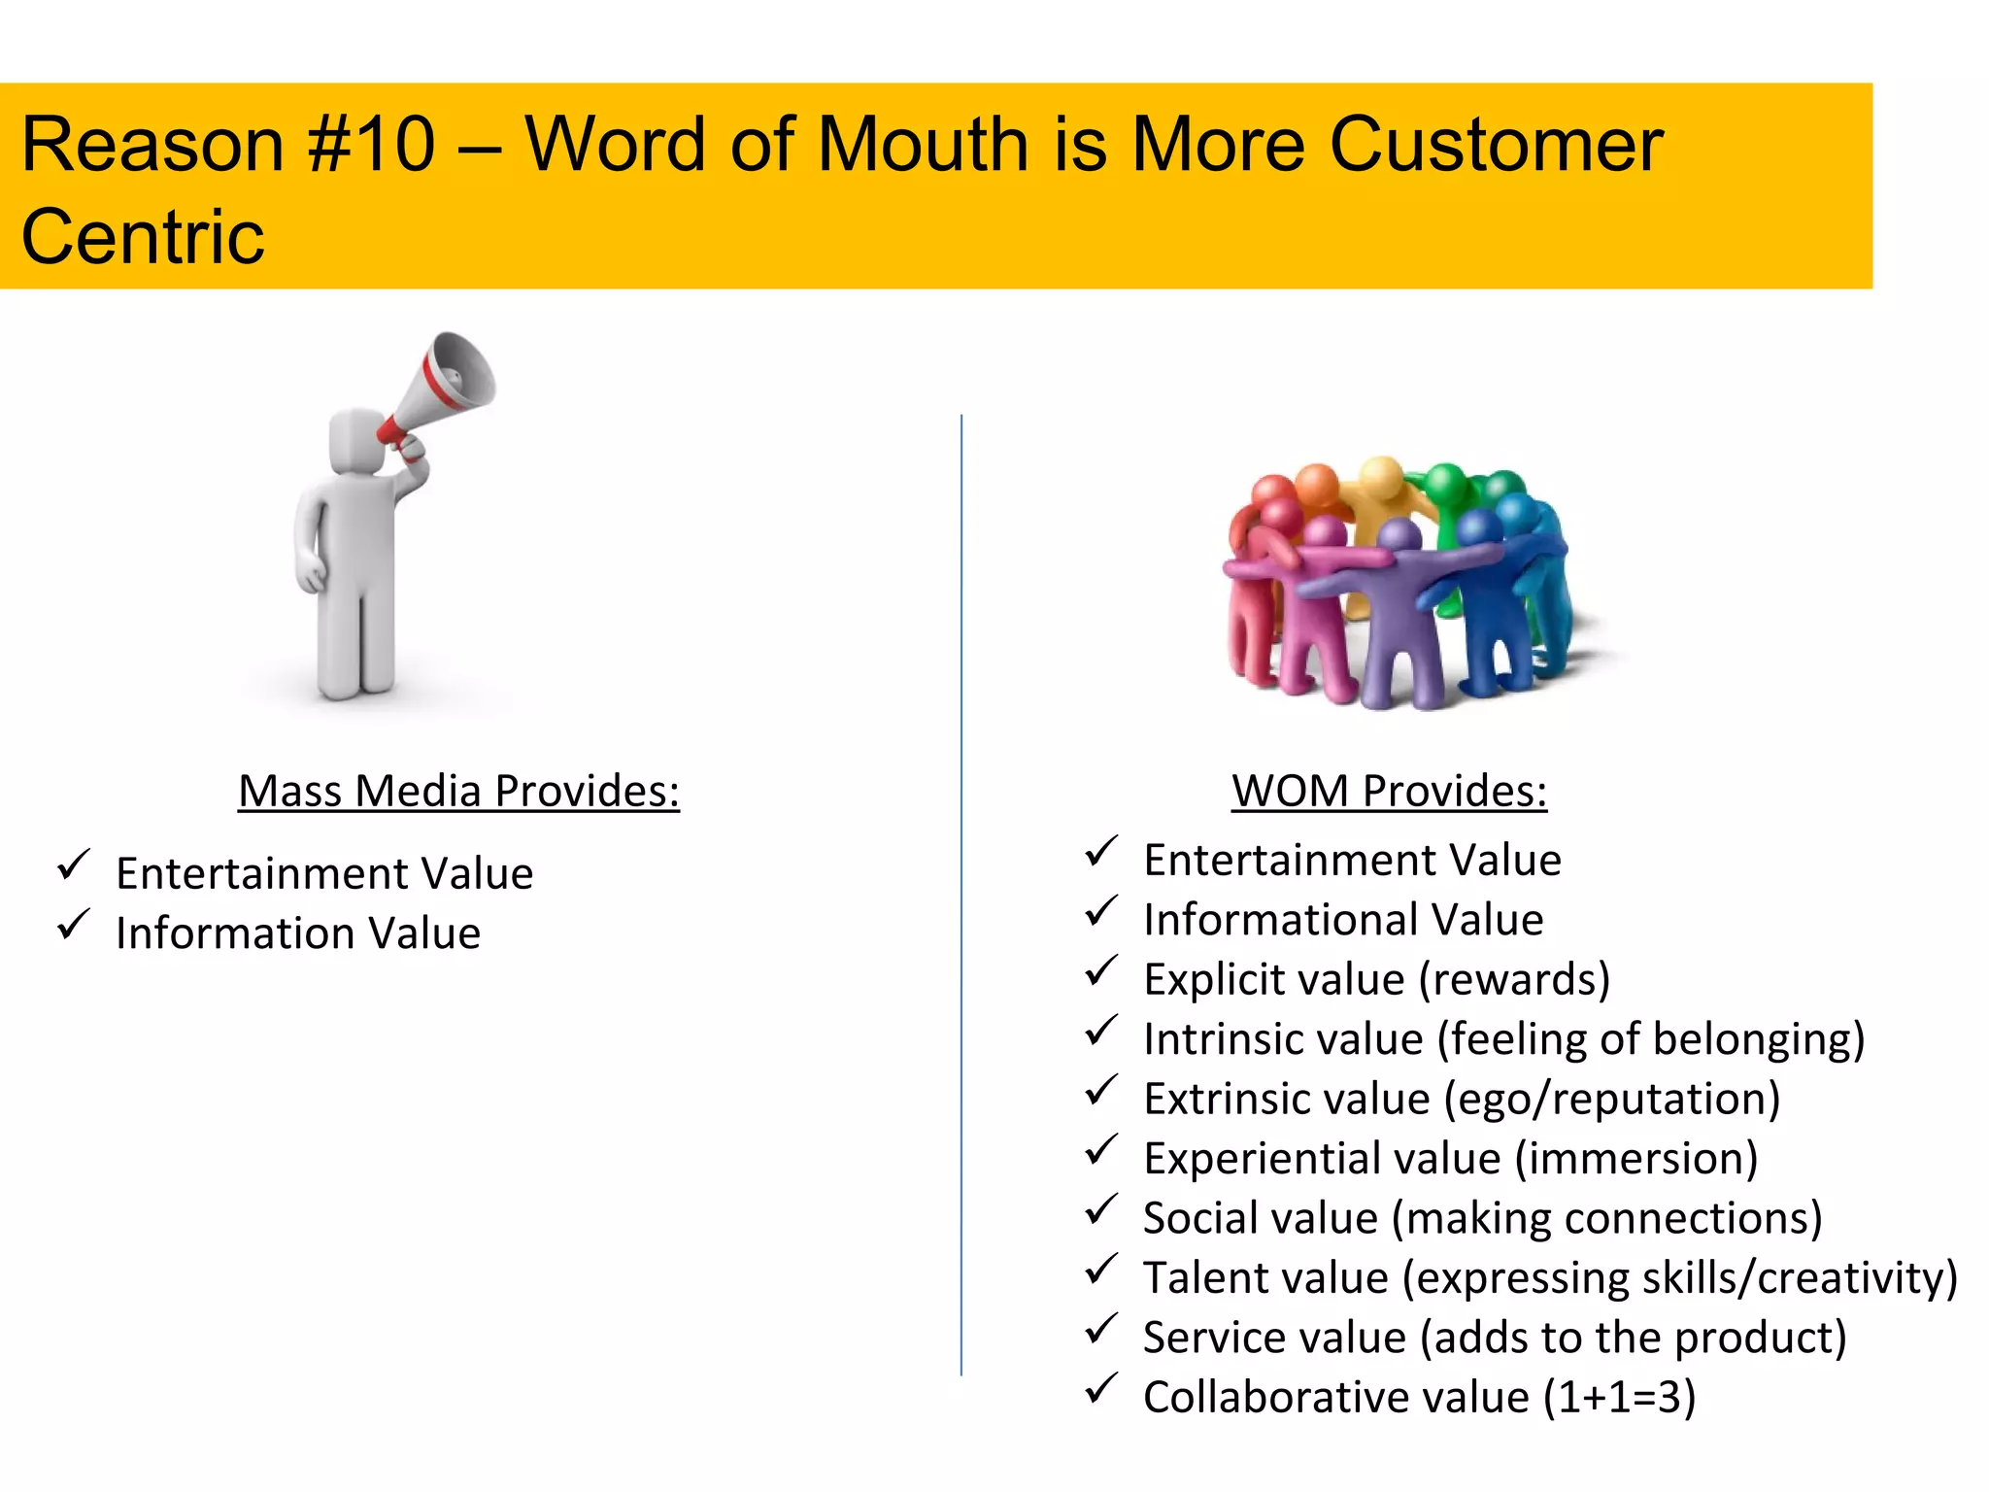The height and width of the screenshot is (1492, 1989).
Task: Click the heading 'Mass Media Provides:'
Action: click(x=458, y=791)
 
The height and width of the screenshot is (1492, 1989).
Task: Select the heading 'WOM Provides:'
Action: click(x=1389, y=791)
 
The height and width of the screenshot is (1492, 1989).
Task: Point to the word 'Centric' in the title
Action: click(x=143, y=237)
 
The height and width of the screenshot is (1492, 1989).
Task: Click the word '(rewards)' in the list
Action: click(x=1514, y=979)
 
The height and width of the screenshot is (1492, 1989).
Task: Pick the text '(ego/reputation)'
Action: click(x=1611, y=1099)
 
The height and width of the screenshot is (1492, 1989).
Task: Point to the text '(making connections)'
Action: click(x=1606, y=1218)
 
